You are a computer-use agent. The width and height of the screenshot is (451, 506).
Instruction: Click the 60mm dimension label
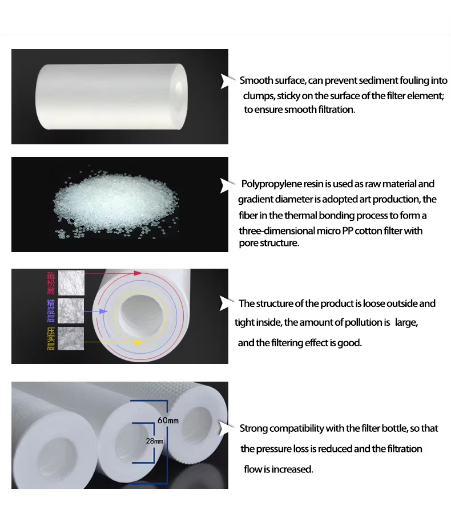click(168, 420)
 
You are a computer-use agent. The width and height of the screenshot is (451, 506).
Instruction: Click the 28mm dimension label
click(154, 441)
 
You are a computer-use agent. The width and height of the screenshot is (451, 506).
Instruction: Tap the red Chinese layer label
click(51, 284)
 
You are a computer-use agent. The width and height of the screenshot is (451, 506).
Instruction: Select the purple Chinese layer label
click(51, 311)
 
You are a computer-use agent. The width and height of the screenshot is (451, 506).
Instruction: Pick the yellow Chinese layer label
click(51, 339)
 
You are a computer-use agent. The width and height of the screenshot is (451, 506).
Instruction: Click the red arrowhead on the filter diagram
click(138, 273)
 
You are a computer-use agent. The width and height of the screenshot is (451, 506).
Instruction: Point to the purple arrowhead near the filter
click(103, 311)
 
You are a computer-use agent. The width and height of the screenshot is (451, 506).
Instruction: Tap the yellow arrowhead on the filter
click(139, 342)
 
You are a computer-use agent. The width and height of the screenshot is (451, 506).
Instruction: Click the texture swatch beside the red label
click(71, 283)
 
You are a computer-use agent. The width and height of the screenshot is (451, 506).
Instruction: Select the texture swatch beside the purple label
click(71, 311)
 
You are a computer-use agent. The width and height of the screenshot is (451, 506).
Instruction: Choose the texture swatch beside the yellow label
click(71, 338)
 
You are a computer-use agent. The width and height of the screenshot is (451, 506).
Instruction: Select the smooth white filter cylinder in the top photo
click(111, 96)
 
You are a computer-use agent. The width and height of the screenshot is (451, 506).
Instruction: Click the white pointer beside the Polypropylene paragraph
click(227, 185)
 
